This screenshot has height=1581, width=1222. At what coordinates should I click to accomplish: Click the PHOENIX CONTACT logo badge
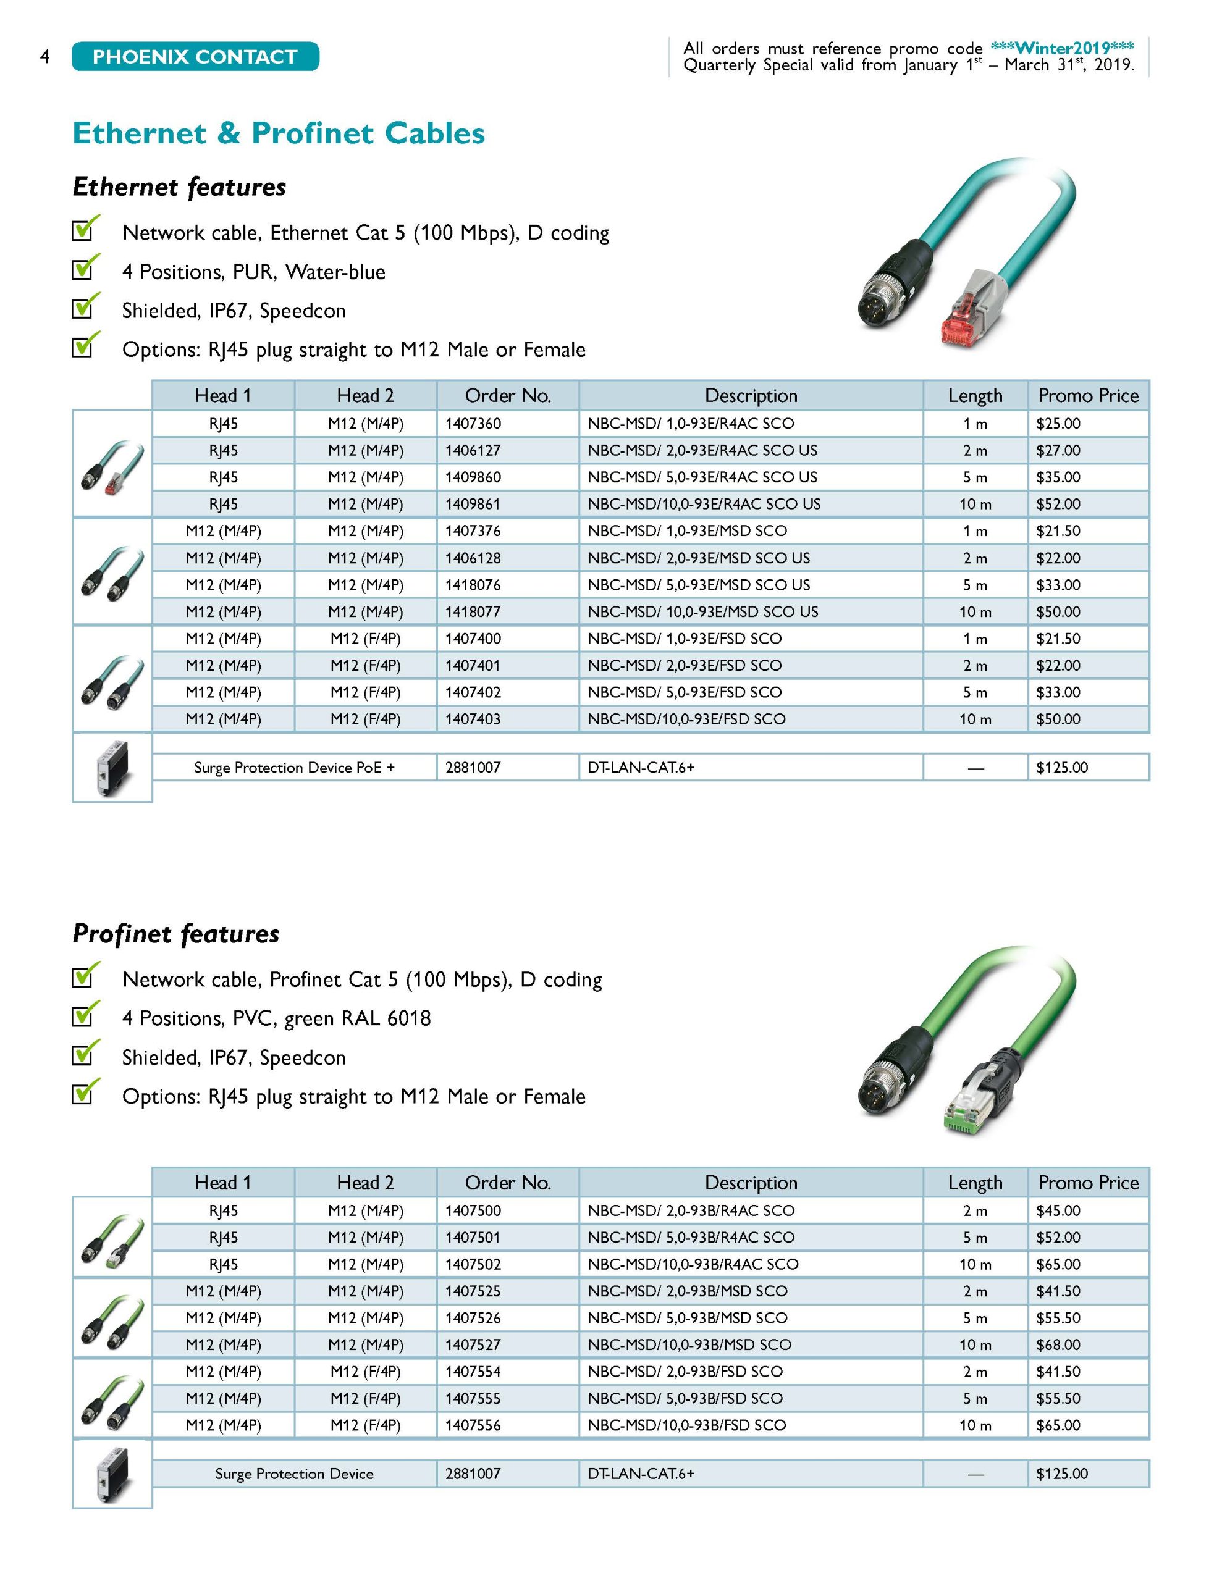[x=195, y=56]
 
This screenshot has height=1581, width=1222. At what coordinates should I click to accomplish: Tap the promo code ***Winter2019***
[x=1061, y=48]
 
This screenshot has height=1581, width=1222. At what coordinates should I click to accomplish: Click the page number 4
[x=45, y=56]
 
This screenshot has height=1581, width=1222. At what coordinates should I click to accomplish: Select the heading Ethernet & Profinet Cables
[x=279, y=133]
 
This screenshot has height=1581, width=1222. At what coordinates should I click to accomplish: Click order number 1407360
[x=473, y=424]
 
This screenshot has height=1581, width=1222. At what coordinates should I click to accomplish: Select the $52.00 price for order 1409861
[x=1058, y=504]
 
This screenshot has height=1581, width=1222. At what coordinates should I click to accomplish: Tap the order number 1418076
[x=473, y=585]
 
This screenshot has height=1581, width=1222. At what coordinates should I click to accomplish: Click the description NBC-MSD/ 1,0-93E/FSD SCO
[x=685, y=639]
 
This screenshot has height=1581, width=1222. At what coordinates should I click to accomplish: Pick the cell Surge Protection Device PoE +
[x=294, y=767]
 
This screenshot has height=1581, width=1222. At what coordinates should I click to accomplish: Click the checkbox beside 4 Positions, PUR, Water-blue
[x=83, y=269]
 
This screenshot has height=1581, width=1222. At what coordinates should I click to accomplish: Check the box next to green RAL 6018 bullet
[x=83, y=1016]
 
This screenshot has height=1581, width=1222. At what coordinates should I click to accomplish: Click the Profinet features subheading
[x=176, y=934]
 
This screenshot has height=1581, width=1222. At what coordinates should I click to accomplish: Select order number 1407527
[x=473, y=1344]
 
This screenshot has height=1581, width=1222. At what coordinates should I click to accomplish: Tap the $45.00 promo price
[x=1058, y=1210]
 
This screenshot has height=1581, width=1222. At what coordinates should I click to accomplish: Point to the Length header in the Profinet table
[x=975, y=1182]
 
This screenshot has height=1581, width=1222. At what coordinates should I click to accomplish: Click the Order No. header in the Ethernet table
[x=508, y=395]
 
